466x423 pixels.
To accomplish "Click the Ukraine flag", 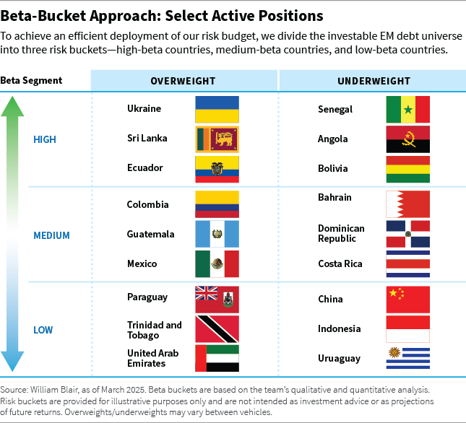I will click(217, 109).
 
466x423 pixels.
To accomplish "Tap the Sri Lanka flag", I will click(217, 139).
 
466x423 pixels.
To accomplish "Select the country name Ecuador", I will click(144, 168).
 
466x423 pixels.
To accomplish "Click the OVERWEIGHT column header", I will click(183, 81).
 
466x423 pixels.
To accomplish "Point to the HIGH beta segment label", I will click(45, 139).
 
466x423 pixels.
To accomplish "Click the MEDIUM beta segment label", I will click(51, 235).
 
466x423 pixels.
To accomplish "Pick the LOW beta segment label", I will click(43, 331).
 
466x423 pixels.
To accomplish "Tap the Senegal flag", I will click(408, 110).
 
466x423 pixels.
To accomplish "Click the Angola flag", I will click(408, 139).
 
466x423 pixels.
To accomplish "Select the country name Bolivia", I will click(333, 169).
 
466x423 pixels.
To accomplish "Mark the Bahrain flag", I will click(408, 204).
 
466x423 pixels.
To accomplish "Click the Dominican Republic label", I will click(341, 233).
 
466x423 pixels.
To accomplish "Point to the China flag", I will click(408, 299).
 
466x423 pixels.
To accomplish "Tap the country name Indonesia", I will click(339, 329).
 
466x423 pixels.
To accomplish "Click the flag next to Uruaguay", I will click(408, 358).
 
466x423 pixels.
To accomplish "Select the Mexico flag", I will click(217, 264).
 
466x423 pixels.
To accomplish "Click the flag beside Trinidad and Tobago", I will click(217, 328).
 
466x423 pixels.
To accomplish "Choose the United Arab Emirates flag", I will click(217, 358).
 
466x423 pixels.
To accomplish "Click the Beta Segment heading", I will click(31, 81).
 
